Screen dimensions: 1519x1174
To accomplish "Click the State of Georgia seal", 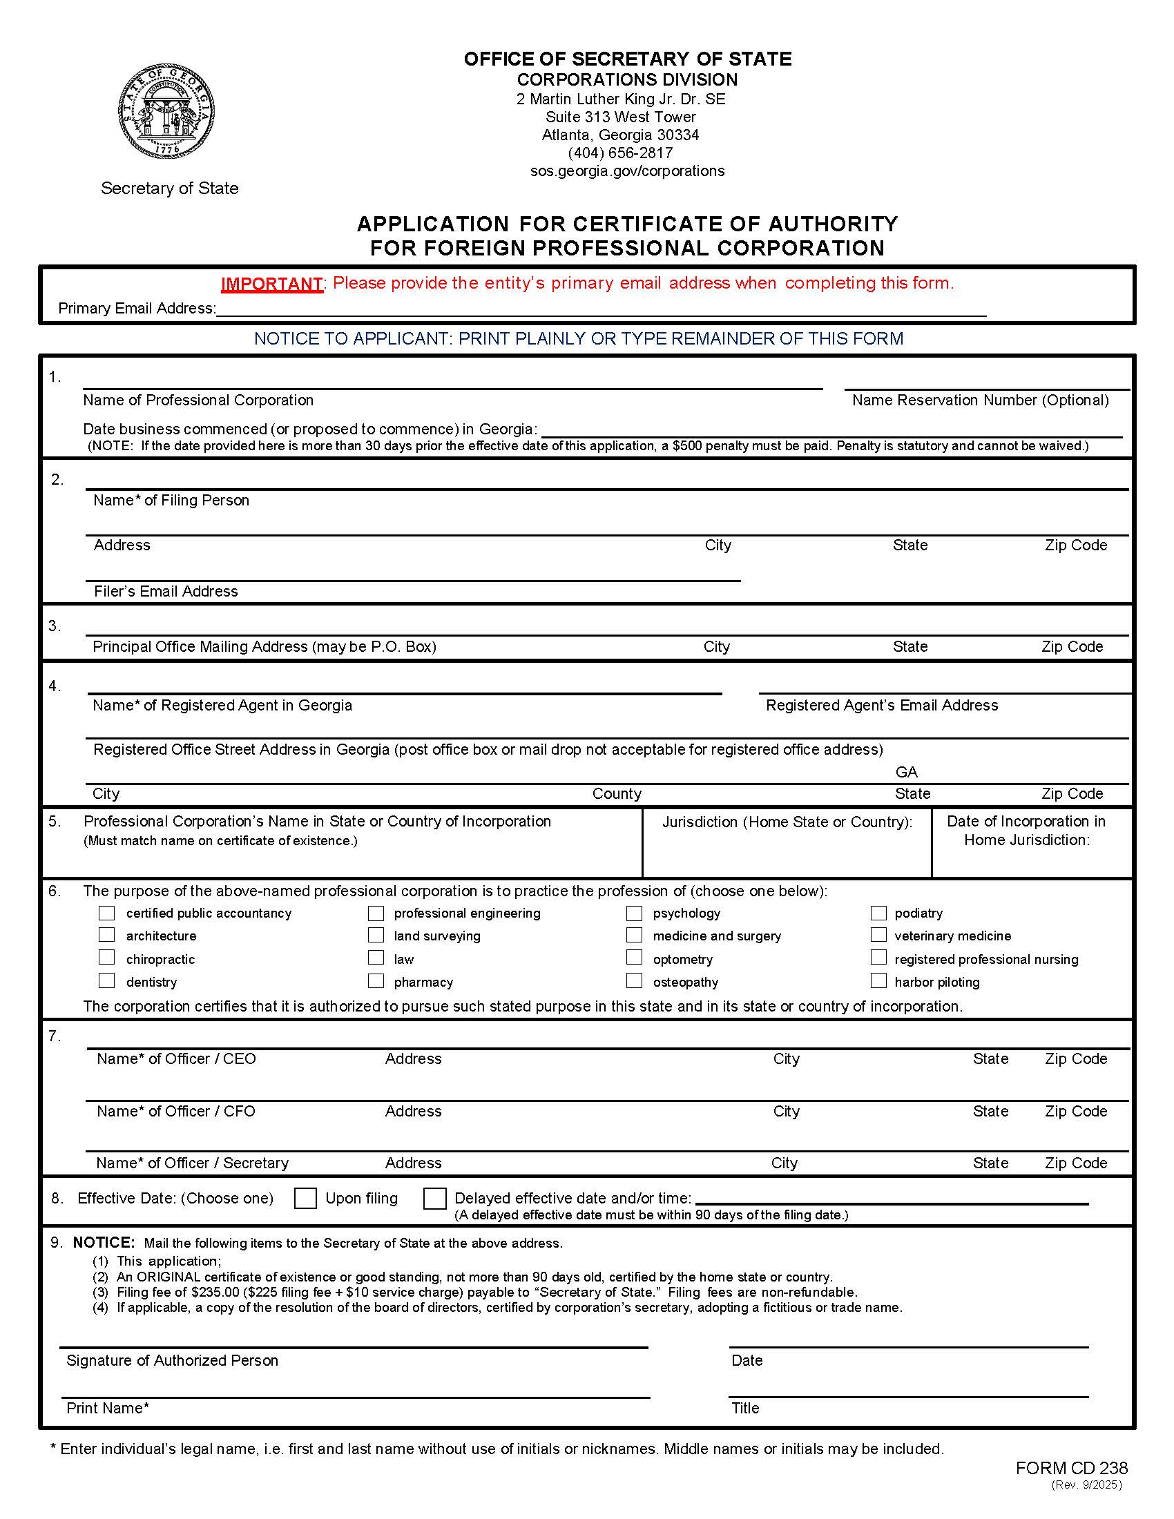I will (x=166, y=111).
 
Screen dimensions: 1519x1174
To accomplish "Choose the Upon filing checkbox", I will (x=305, y=1198).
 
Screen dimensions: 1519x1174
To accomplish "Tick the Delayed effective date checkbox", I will (x=434, y=1198).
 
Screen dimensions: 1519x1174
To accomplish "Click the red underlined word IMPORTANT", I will (x=271, y=284).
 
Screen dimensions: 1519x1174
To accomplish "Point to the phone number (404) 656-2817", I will (x=620, y=153).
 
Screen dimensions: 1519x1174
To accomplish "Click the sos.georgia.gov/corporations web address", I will (x=627, y=171).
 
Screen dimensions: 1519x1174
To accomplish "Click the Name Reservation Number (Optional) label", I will (x=980, y=400).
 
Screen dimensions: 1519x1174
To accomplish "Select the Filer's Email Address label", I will (x=166, y=591).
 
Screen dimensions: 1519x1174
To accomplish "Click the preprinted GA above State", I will (x=906, y=772).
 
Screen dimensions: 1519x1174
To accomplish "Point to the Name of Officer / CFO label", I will (x=176, y=1111).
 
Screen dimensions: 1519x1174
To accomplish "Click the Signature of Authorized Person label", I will (x=172, y=1360).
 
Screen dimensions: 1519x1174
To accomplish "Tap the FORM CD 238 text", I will (x=1071, y=1467).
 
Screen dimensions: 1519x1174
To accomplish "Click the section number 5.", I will (x=55, y=822).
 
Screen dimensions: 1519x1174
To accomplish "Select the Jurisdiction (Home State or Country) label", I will (x=787, y=822).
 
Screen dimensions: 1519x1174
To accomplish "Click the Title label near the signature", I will (x=745, y=1408).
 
